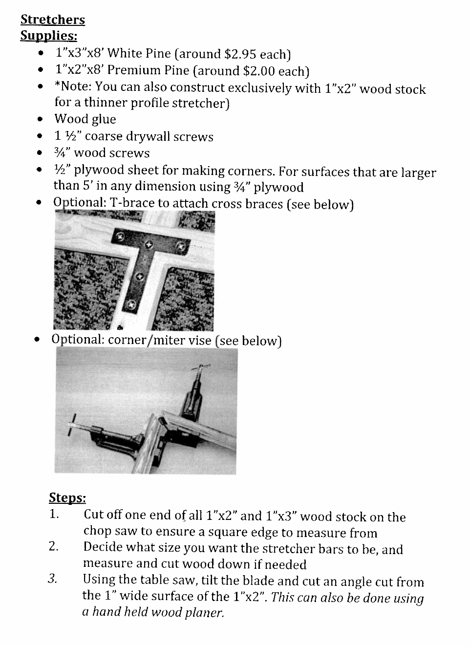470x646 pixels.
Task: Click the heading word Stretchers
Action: pyautogui.click(x=52, y=20)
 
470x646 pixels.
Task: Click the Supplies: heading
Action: pyautogui.click(x=48, y=36)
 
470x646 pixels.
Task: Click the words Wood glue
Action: pyautogui.click(x=85, y=119)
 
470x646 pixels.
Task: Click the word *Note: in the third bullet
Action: pyautogui.click(x=73, y=87)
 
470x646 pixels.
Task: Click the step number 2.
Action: pyautogui.click(x=54, y=547)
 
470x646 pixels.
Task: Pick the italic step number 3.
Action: pyautogui.click(x=53, y=579)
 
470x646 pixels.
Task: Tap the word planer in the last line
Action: pyautogui.click(x=206, y=613)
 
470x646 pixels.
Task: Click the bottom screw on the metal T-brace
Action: pyautogui.click(x=131, y=304)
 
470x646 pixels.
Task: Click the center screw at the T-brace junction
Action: pyautogui.click(x=150, y=244)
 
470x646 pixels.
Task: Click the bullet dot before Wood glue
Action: pyautogui.click(x=41, y=119)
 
